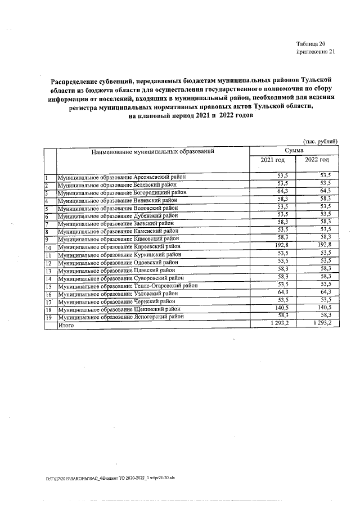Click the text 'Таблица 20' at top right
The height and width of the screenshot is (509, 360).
pos(310,44)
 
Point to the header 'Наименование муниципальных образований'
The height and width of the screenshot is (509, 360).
pos(153,151)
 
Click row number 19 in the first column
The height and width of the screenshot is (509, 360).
pos(48,317)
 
